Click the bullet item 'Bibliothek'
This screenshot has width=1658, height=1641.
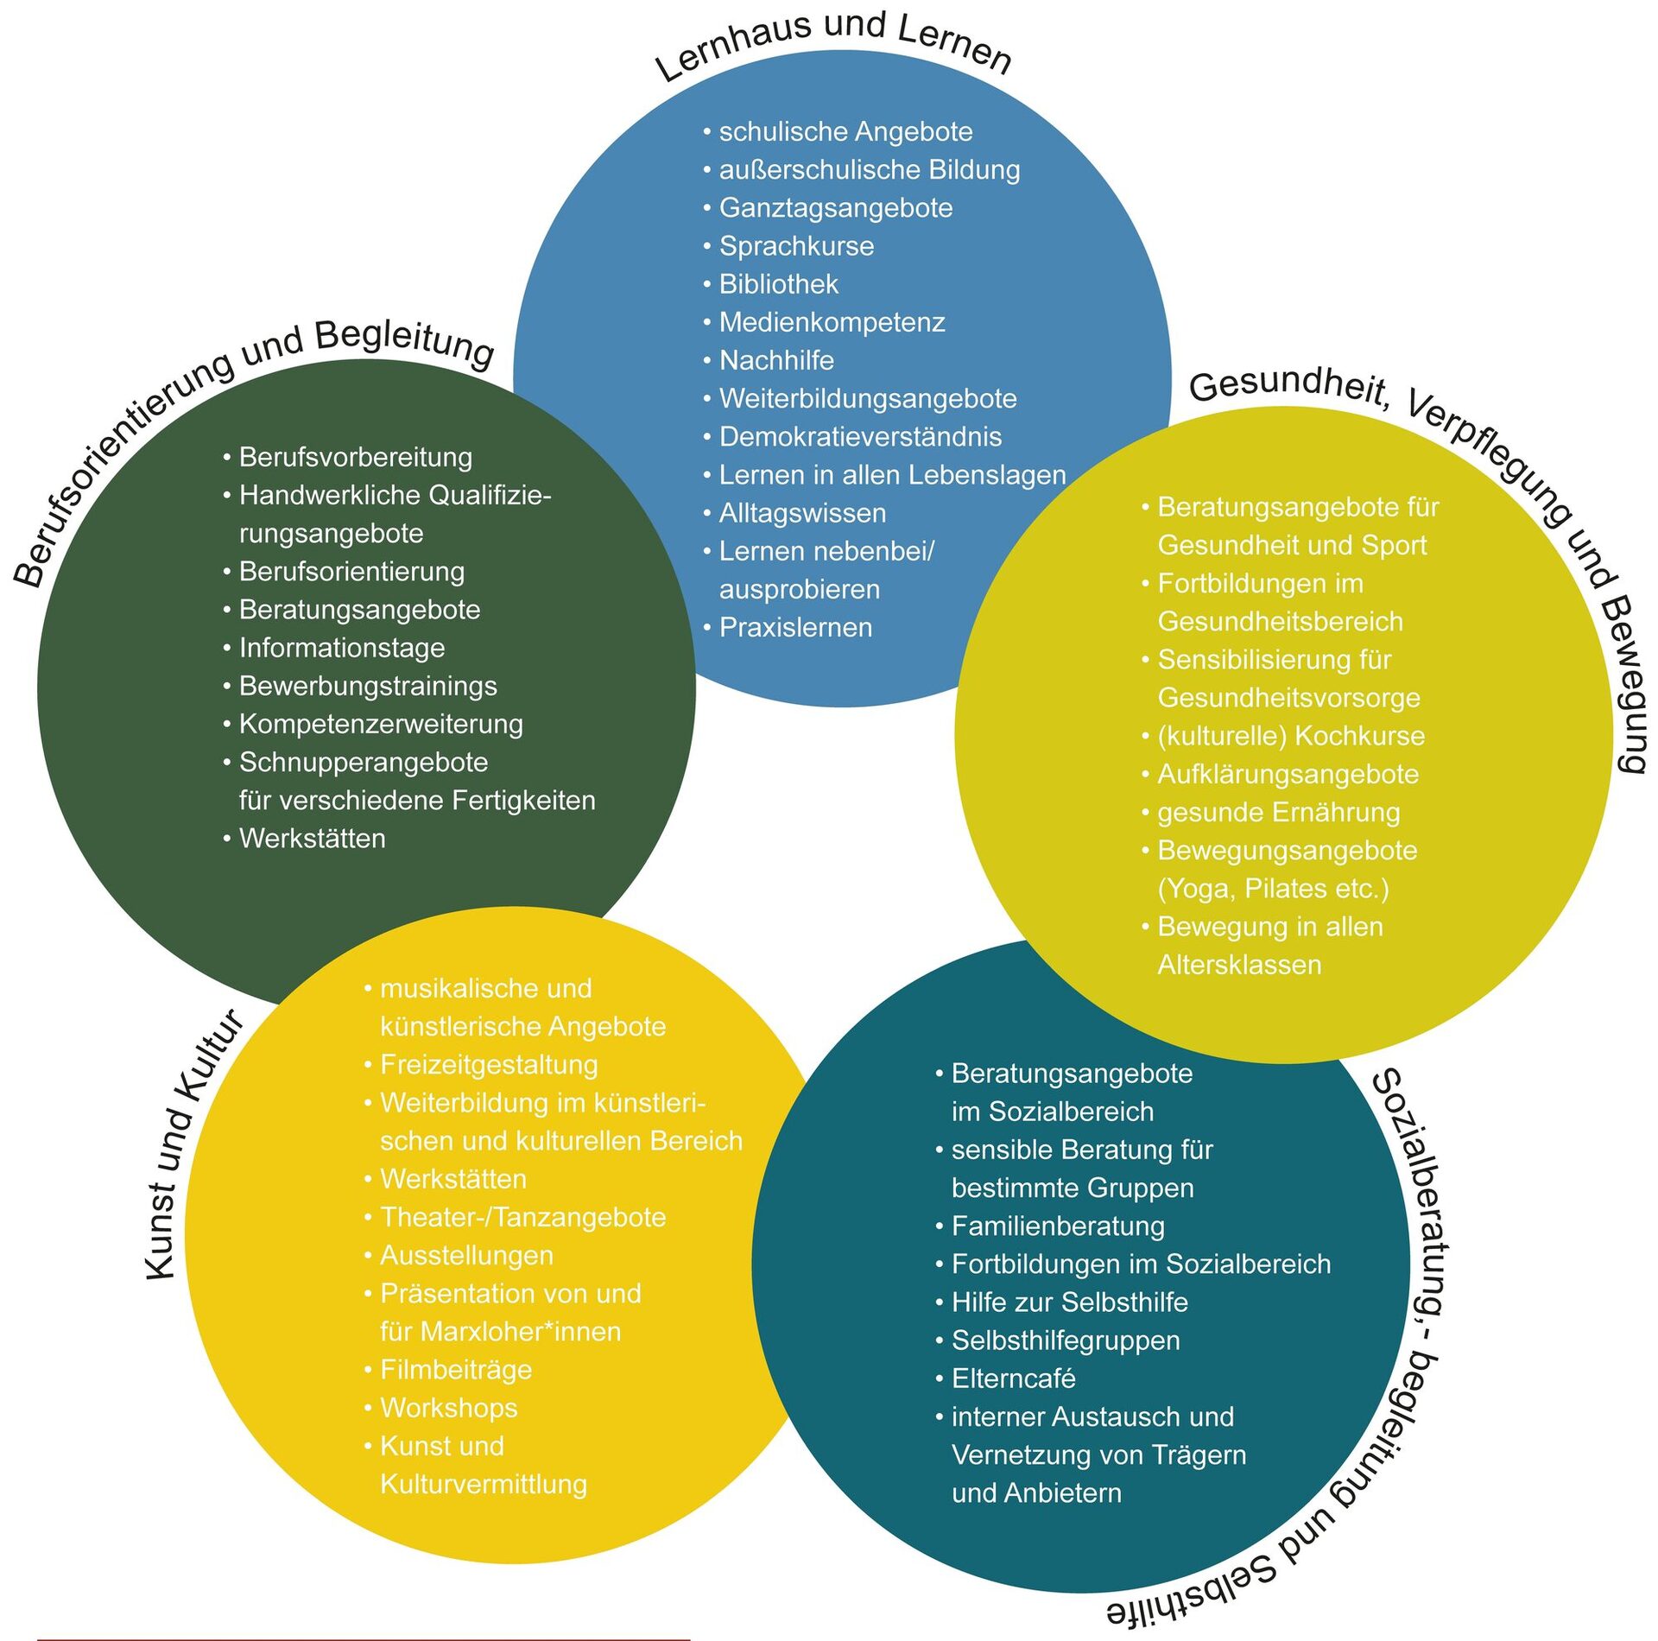pos(778,284)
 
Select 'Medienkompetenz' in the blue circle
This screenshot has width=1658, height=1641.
pos(832,322)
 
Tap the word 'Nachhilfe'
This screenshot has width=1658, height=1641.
pos(776,360)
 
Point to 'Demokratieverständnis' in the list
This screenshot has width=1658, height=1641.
pos(860,436)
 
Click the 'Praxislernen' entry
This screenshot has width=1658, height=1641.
pos(795,627)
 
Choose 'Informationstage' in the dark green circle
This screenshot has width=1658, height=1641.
pos(342,647)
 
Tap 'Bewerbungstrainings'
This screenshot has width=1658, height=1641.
pos(368,685)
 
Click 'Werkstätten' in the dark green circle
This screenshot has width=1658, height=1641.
pos(312,838)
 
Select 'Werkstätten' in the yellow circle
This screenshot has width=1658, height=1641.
pos(452,1178)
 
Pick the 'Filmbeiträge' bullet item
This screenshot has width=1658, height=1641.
pos(456,1369)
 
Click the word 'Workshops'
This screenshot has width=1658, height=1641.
pos(448,1407)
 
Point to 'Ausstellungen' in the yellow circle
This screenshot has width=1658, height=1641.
pos(466,1254)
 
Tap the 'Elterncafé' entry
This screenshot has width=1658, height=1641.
pos(1013,1378)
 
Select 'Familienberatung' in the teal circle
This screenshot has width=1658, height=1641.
pos(1058,1226)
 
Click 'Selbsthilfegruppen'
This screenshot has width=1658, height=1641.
pos(1066,1340)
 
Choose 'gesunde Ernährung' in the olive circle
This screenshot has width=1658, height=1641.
pos(1278,812)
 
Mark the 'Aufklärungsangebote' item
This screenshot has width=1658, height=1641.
pos(1288,774)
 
